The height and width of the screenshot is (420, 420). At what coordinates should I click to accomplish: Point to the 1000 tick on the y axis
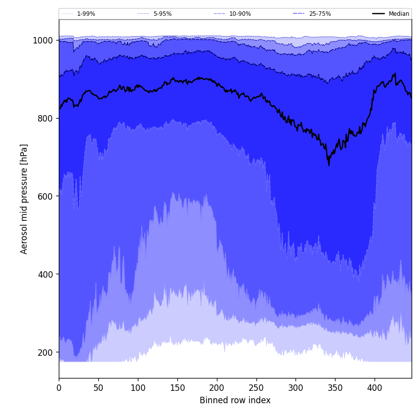(x=43, y=41)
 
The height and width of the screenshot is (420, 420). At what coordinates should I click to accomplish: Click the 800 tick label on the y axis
(x=45, y=119)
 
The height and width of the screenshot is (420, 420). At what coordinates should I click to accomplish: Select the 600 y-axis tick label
(x=45, y=196)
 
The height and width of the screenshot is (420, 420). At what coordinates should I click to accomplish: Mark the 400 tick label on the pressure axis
(x=45, y=274)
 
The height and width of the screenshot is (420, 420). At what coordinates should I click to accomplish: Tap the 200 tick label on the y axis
(x=45, y=352)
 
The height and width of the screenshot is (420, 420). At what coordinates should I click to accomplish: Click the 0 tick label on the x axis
(x=59, y=388)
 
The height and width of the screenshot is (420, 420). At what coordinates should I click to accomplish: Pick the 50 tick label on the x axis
(x=98, y=388)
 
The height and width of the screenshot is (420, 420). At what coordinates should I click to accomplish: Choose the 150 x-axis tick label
(x=177, y=388)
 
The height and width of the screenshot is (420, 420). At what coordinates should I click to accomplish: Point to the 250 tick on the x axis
(x=256, y=388)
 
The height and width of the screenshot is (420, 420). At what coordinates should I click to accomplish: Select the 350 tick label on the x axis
(x=335, y=388)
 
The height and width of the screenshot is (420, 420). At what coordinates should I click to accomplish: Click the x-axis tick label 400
(x=375, y=388)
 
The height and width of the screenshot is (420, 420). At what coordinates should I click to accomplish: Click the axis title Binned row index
(x=235, y=400)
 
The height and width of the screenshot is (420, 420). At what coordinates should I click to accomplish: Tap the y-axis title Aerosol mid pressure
(x=24, y=199)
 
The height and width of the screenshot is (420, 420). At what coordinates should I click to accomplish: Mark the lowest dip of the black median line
(x=329, y=165)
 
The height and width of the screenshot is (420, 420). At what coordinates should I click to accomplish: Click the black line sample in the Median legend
(x=378, y=14)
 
